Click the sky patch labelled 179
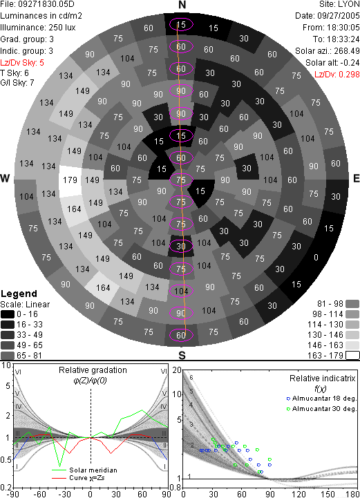click(70, 180)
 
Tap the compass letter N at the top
click(182, 5)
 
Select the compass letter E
click(356, 178)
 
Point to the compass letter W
click(5, 178)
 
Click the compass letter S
click(182, 355)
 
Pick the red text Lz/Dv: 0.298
click(337, 75)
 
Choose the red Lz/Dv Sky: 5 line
click(22, 63)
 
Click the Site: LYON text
click(339, 4)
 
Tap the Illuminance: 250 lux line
click(38, 28)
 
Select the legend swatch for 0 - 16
click(8, 314)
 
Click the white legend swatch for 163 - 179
click(352, 355)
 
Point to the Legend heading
click(19, 294)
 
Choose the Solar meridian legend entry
click(84, 470)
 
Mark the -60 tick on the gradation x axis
click(39, 494)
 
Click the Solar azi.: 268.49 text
click(328, 51)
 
